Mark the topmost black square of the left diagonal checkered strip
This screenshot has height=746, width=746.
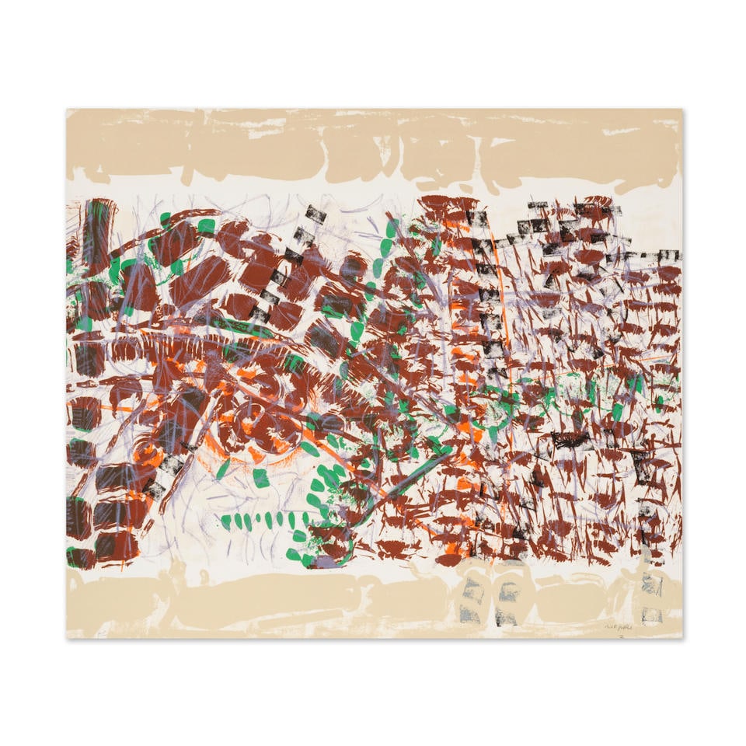pyautogui.click(x=315, y=212)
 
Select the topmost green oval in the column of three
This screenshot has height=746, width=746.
pyautogui.click(x=392, y=228)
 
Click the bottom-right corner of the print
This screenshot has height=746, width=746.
pyautogui.click(x=682, y=637)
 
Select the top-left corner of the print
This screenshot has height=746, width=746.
pyautogui.click(x=67, y=110)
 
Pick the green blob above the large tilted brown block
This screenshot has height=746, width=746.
pyautogui.click(x=205, y=226)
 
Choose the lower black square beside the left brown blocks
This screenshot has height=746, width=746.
pyautogui.click(x=154, y=490)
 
